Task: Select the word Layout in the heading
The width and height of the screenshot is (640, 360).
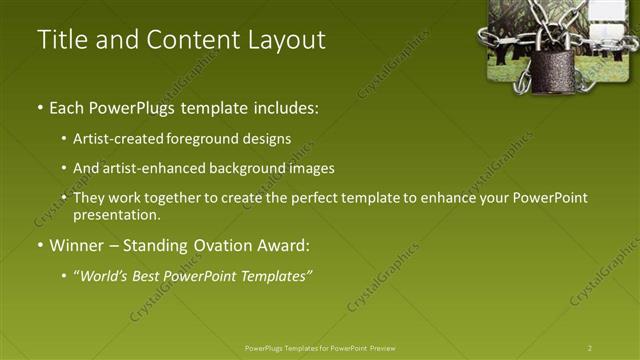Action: pos(286,40)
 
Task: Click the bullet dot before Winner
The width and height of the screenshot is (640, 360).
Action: pos(39,246)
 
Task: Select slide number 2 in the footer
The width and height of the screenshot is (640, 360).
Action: pos(590,348)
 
